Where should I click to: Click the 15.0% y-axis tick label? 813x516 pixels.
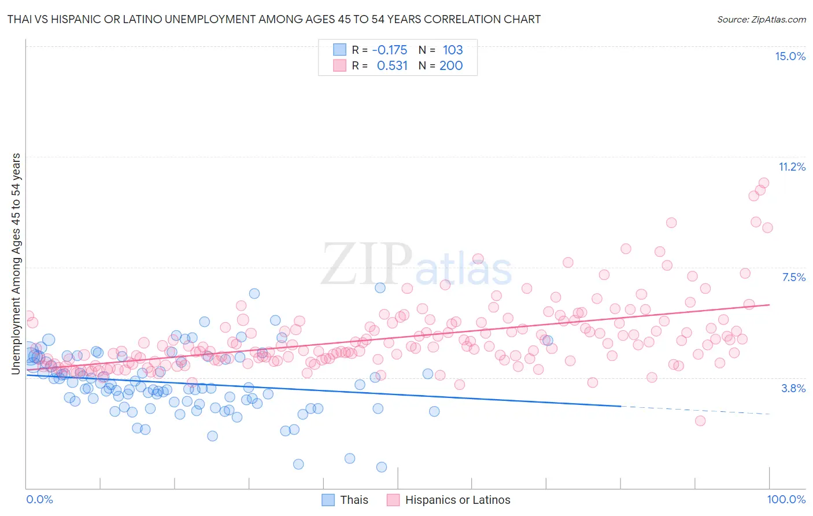coord(790,56)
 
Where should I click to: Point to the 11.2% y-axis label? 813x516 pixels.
coord(792,167)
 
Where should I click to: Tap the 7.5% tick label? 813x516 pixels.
coord(793,277)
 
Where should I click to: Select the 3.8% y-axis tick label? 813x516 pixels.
coord(793,388)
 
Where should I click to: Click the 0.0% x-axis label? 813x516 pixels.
coord(40,499)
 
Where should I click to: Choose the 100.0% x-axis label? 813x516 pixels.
coord(786,499)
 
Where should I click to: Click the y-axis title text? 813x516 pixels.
coord(16,264)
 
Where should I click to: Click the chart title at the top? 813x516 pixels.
coord(274,19)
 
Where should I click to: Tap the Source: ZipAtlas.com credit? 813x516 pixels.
coord(761,19)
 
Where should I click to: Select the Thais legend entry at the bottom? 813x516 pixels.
coord(354,500)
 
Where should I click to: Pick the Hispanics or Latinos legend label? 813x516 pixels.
coord(457,500)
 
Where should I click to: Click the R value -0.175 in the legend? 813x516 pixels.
coord(390,50)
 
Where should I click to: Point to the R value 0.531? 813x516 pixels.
coord(392,66)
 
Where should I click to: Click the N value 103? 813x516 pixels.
coord(453,50)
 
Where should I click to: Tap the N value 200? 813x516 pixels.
coord(451,66)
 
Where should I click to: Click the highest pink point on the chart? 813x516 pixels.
coord(764,183)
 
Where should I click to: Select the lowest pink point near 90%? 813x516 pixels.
coord(700,421)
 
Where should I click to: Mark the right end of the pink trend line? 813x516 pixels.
coord(770,304)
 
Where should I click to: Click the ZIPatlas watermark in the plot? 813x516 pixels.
coord(416,264)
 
